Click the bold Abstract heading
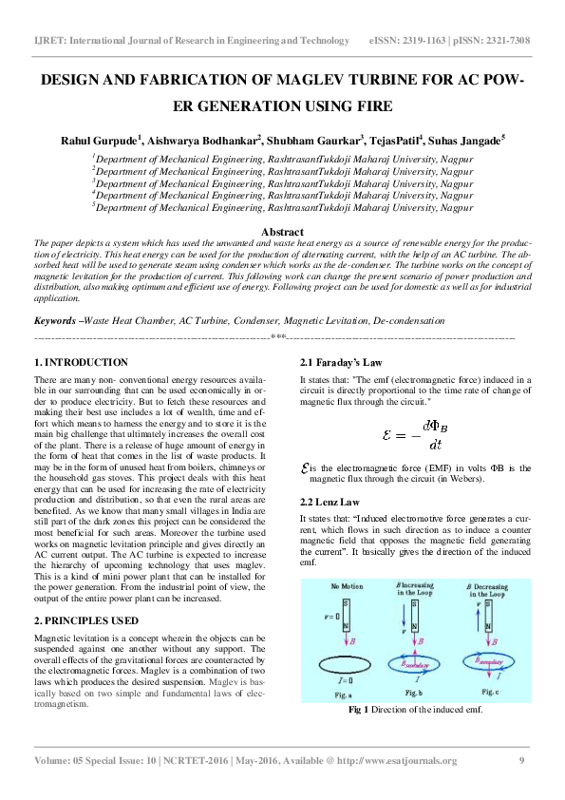coord(282,232)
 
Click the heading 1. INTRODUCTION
coord(81,363)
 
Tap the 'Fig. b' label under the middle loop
coord(415,695)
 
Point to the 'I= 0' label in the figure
coord(344,680)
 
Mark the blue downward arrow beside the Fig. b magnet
coord(403,628)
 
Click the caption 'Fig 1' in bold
coord(358,710)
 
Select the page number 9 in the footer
coord(521,760)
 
